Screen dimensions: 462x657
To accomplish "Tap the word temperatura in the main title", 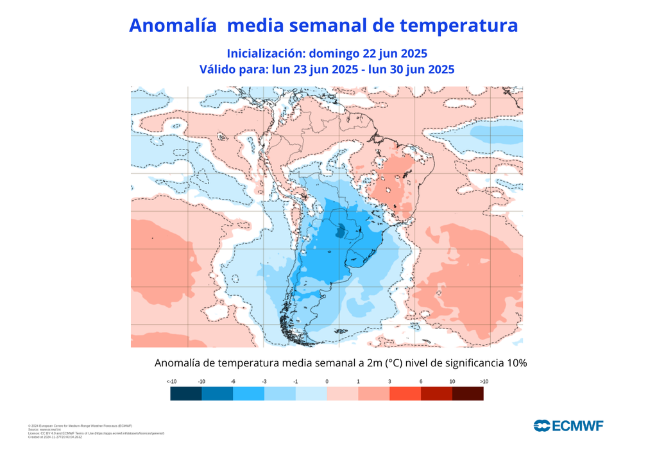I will (x=458, y=26).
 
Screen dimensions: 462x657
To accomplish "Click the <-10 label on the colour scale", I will (x=171, y=382).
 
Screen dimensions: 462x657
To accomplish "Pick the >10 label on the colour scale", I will (x=484, y=382).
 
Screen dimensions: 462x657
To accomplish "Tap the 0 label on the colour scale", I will (x=327, y=382).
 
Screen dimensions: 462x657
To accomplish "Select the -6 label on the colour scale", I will (x=233, y=382).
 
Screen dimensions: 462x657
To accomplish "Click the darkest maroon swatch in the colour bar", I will (x=468, y=394).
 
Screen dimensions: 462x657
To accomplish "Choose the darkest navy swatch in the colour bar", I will (x=186, y=394).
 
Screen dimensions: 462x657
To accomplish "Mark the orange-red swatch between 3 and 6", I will (x=405, y=394).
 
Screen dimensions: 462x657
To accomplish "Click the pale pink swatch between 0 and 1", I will (x=343, y=394).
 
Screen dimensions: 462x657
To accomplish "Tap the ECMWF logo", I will (x=568, y=425).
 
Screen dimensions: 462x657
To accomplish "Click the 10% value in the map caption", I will (x=516, y=363).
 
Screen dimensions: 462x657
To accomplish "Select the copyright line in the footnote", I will (x=80, y=425).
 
